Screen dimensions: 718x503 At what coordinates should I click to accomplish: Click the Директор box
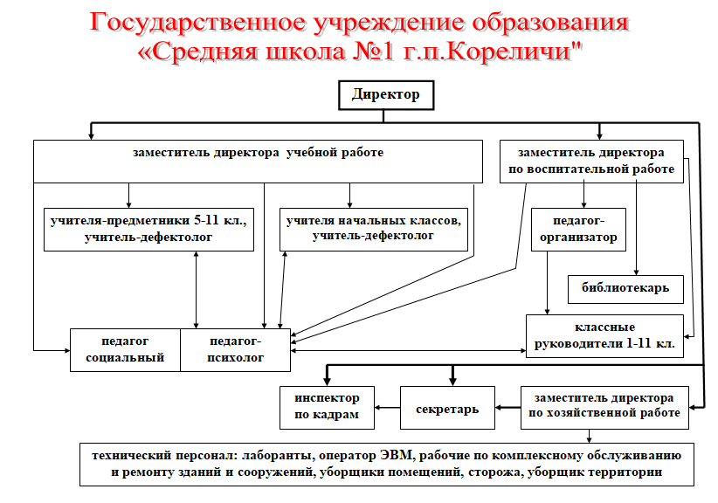386,95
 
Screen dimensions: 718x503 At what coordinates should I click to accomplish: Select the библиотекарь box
625,289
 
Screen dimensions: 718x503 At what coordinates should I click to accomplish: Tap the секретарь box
447,408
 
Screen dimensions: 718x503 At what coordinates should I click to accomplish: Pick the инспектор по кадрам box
327,408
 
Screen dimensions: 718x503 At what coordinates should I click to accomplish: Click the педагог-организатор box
578,230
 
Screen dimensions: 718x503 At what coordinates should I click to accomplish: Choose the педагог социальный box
125,350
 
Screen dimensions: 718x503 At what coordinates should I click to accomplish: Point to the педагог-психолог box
235,350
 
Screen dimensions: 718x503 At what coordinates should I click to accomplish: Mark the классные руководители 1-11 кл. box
604,336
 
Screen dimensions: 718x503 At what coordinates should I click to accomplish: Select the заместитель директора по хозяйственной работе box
604,408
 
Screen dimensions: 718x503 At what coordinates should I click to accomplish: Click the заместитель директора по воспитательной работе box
591,162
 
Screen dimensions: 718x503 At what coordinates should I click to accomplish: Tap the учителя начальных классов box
374,230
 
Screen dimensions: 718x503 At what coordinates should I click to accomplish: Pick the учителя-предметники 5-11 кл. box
148,230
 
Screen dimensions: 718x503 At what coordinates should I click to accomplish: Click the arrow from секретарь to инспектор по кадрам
388,408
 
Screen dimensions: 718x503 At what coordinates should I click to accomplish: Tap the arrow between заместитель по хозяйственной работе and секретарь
507,408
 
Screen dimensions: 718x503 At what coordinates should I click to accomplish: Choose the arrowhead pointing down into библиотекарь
636,272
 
